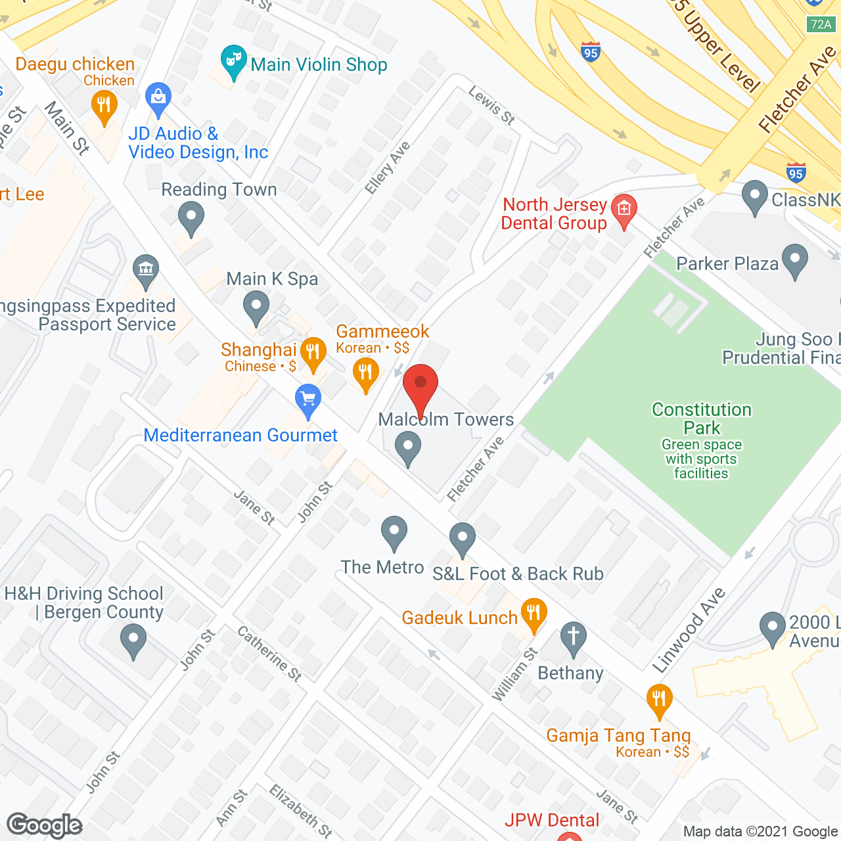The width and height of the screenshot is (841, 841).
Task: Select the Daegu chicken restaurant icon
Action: pos(104,105)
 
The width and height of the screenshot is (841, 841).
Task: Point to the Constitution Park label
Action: pos(702,419)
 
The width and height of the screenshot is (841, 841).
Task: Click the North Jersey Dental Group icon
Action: pos(624,210)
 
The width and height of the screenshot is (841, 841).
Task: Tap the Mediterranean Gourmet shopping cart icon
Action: pos(307,399)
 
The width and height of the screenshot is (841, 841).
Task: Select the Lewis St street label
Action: pos(491,105)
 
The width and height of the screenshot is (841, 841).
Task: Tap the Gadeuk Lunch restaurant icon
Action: pos(534,615)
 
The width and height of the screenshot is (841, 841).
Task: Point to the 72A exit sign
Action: pos(821,24)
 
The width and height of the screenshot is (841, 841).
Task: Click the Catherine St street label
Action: pos(269,653)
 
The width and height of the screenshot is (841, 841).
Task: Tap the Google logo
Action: pos(45,825)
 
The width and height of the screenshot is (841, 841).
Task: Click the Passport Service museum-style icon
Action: pos(145,269)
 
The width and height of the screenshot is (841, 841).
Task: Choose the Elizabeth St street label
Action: pos(301,810)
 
